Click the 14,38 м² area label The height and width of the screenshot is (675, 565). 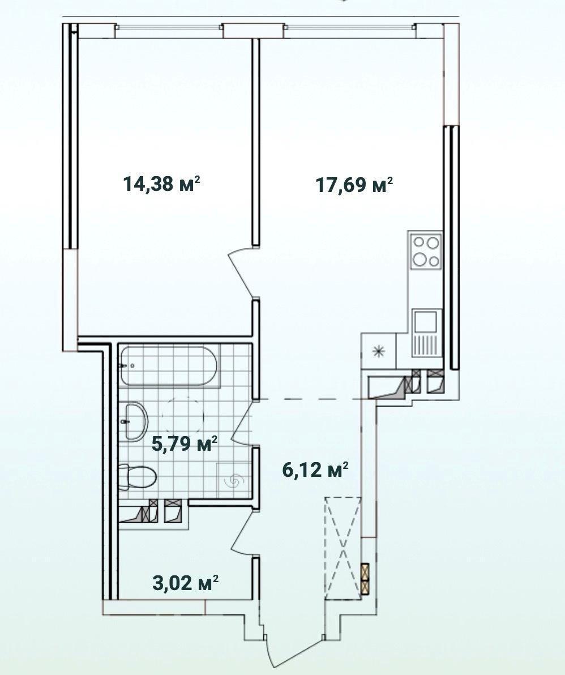click(162, 184)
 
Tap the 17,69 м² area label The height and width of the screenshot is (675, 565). click(354, 185)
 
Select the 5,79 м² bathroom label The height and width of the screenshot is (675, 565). click(185, 443)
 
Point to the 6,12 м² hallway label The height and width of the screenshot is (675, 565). click(315, 469)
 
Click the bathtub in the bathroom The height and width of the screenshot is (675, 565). click(170, 365)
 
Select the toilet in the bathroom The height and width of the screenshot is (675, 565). click(137, 477)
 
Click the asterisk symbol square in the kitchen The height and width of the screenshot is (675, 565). click(379, 351)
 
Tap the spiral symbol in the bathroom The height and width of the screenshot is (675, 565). click(234, 481)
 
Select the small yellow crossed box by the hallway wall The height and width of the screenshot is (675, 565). click(365, 579)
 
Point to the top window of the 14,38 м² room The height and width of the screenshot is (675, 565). click(169, 27)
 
